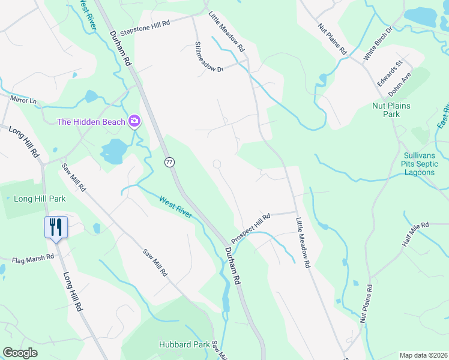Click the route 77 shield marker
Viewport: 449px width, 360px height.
click(169, 161)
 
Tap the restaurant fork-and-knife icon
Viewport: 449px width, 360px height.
click(56, 227)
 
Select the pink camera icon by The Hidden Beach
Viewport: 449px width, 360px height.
click(134, 122)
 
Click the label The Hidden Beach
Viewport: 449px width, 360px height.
click(91, 122)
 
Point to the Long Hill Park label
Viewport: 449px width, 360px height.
click(40, 199)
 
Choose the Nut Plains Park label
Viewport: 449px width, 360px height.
click(391, 110)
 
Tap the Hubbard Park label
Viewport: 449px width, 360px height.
click(184, 344)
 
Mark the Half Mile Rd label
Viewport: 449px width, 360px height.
click(417, 232)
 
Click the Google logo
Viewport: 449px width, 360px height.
click(20, 353)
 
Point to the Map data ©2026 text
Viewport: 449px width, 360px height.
click(423, 355)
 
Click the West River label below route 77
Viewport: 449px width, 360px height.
click(176, 206)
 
